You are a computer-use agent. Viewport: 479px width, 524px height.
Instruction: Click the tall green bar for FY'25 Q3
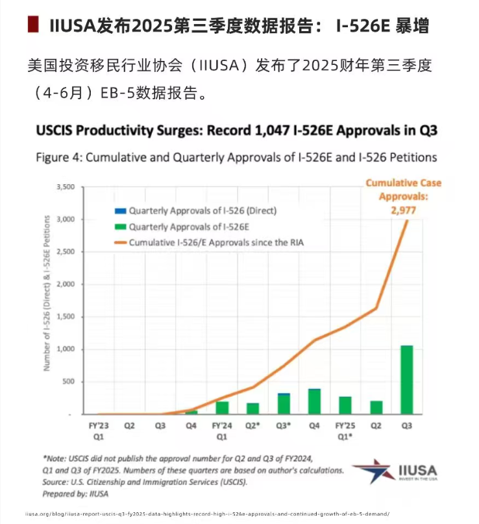(406, 380)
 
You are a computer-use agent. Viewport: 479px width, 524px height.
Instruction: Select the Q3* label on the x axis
(284, 427)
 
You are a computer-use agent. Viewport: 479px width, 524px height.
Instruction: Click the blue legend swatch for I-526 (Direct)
(120, 211)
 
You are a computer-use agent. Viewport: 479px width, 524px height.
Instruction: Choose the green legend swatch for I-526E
(120, 227)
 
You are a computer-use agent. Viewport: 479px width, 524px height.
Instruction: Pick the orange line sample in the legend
(120, 243)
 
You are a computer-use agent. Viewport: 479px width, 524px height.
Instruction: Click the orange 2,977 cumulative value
(403, 210)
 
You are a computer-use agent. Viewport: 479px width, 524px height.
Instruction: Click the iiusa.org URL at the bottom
(207, 514)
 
